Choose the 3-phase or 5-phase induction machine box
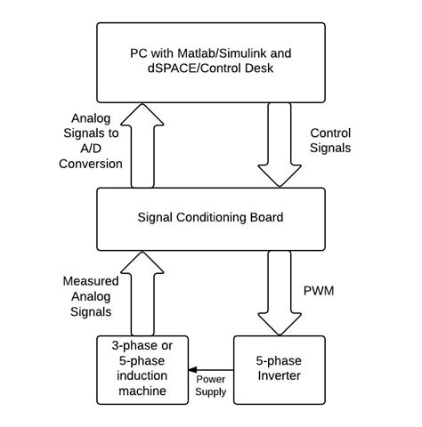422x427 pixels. tap(143, 372)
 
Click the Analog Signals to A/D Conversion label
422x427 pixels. tap(92, 141)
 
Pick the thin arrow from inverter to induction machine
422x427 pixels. tap(210, 369)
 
